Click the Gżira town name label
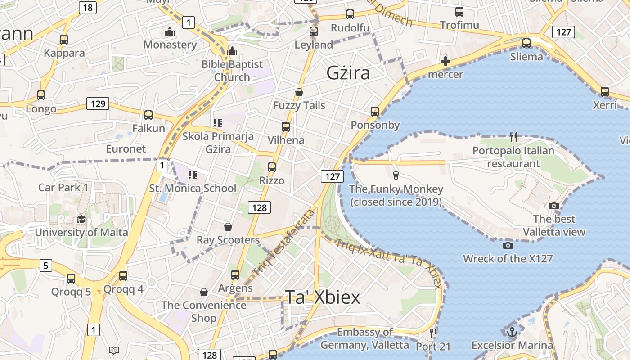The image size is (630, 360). click(348, 73)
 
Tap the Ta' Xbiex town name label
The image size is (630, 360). click(323, 297)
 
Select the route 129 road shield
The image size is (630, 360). click(98, 104)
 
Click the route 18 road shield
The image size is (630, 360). click(88, 7)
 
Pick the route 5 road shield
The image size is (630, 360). click(45, 265)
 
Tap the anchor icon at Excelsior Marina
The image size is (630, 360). click(512, 333)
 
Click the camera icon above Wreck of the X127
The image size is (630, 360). click(508, 245)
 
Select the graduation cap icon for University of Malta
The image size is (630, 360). click(81, 219)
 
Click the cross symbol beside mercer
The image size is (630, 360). click(445, 61)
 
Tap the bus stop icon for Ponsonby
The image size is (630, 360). click(375, 111)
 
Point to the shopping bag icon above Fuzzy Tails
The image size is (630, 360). click(299, 92)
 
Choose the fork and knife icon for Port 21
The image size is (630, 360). click(433, 333)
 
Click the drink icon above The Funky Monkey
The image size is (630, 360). click(396, 175)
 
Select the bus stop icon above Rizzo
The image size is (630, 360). click(272, 167)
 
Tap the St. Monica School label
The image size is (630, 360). click(193, 188)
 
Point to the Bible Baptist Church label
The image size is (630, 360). click(232, 71)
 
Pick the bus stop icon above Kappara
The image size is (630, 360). click(64, 40)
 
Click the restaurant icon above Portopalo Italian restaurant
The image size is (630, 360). click(513, 136)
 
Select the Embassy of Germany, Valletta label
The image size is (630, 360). click(364, 338)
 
